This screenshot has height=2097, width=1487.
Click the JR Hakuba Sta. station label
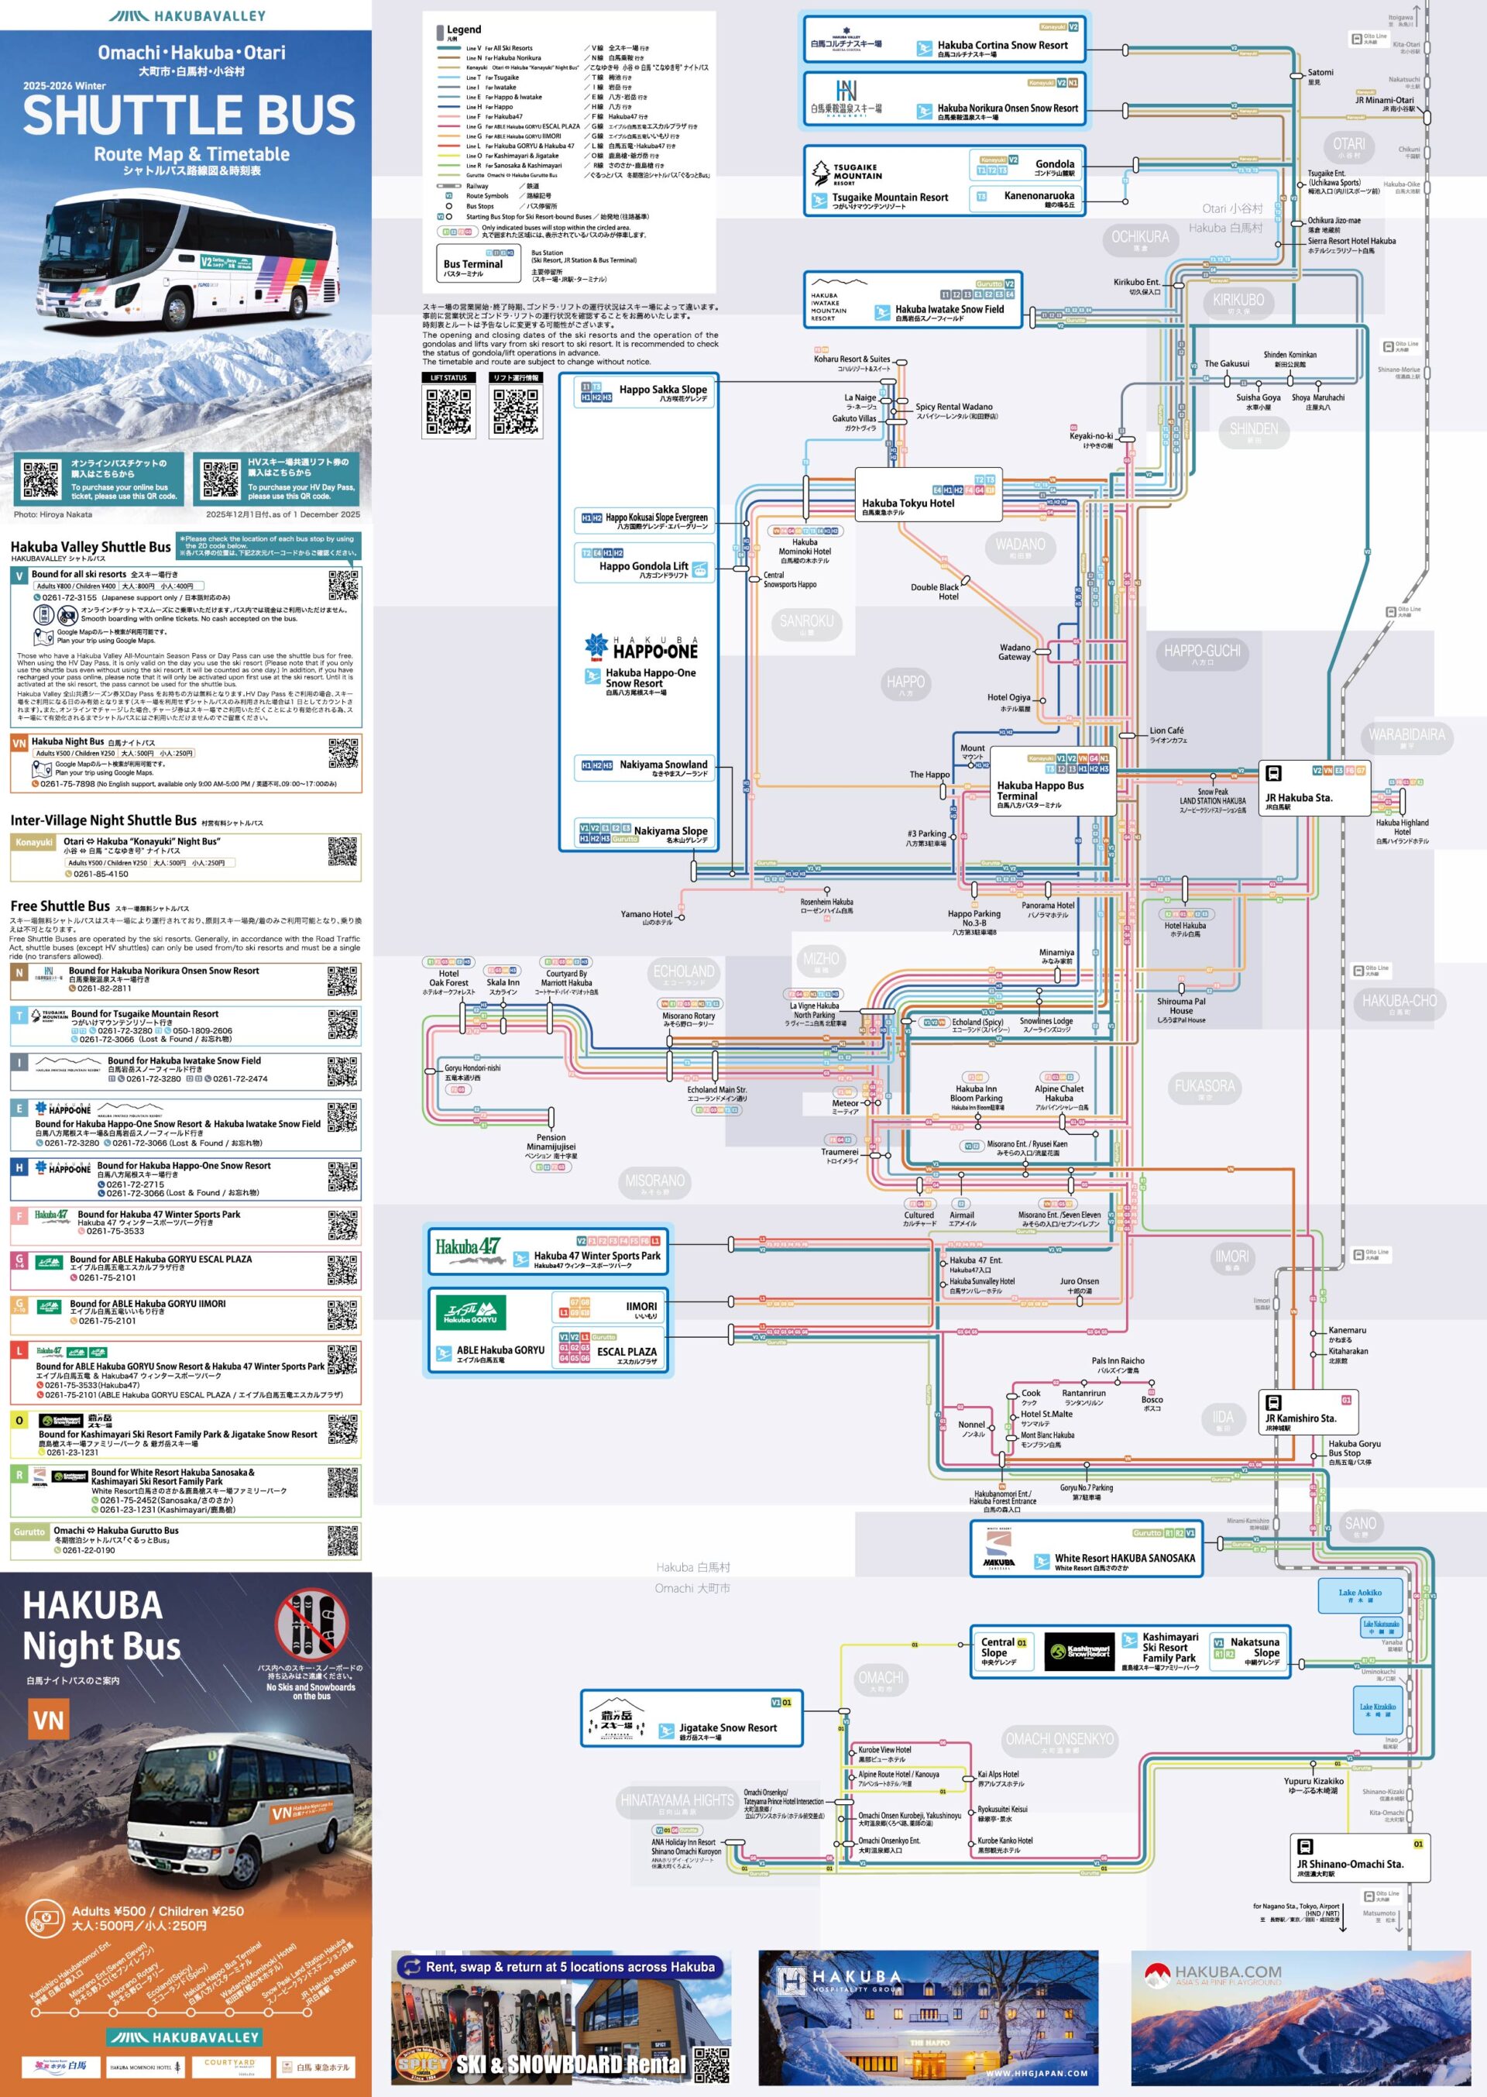[1298, 798]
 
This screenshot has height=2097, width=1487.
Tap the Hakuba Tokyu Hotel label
[908, 503]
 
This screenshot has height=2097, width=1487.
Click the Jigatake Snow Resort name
[727, 1728]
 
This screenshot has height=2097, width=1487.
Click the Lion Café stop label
[1166, 731]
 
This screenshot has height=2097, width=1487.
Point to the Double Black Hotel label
[934, 592]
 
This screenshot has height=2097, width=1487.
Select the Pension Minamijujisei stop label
[551, 1142]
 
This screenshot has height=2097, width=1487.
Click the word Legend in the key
[463, 29]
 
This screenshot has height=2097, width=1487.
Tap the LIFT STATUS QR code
[448, 411]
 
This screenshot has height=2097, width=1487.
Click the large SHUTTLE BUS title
[189, 115]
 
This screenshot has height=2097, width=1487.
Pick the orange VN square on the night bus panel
[49, 1721]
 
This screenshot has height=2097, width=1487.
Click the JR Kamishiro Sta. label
[1300, 1418]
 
